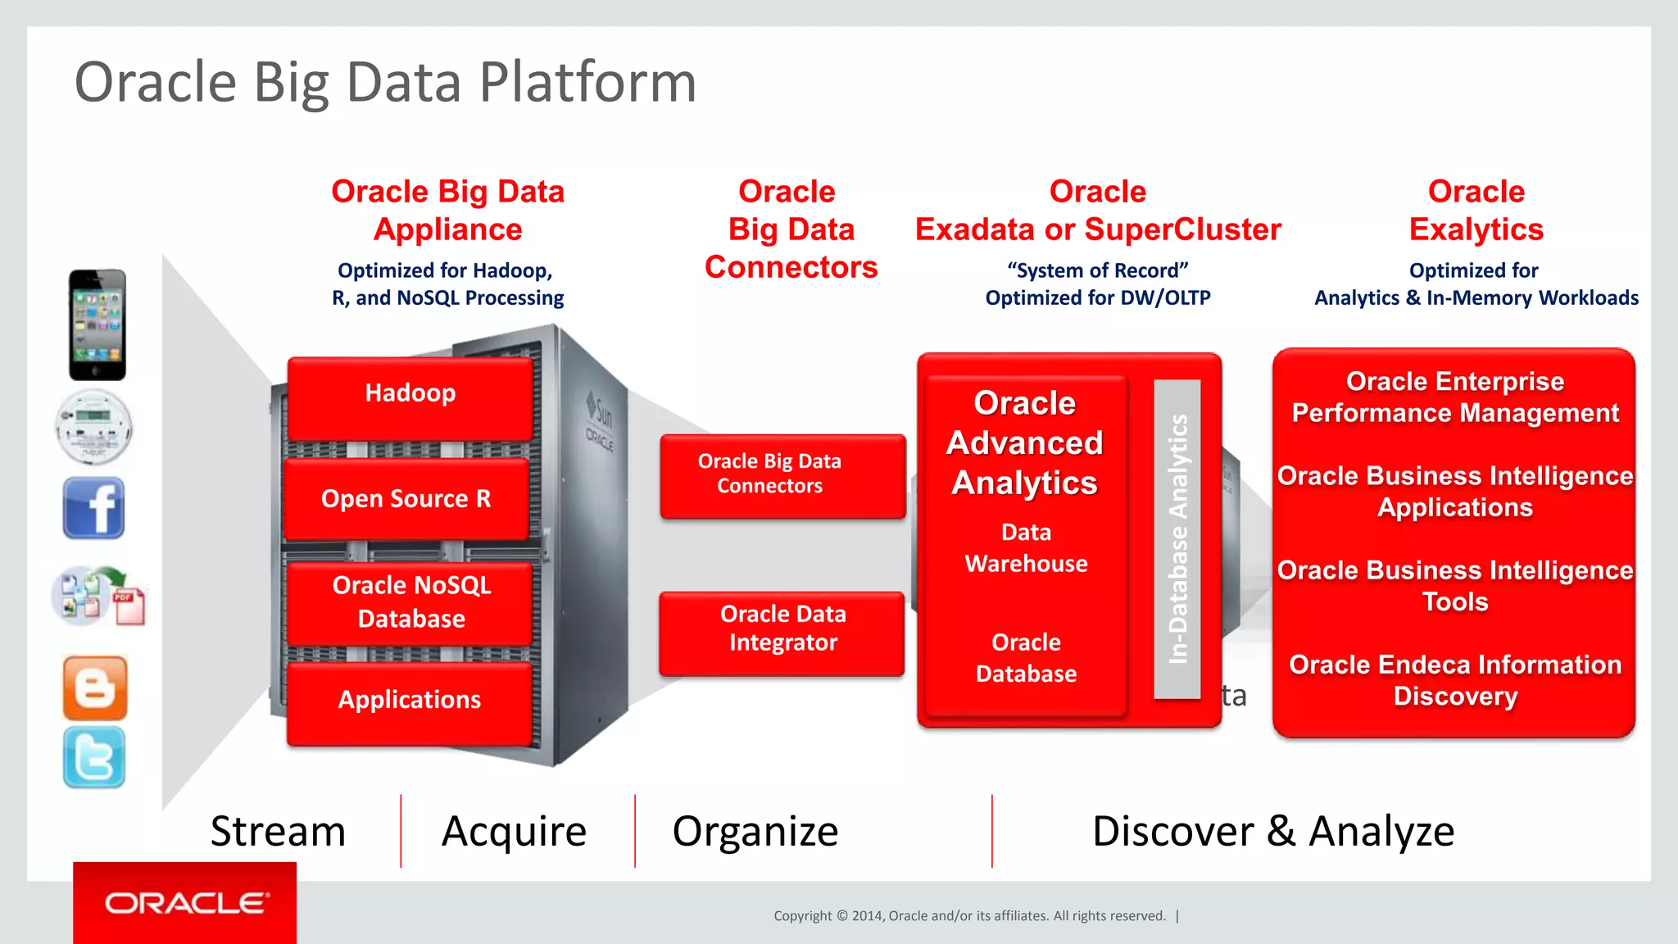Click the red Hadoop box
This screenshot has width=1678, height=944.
[x=410, y=397]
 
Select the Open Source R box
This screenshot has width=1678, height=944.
[x=406, y=498]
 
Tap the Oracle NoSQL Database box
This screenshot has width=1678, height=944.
[x=411, y=602]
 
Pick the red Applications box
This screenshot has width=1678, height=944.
[x=410, y=701]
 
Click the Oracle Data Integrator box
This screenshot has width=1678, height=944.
[x=782, y=631]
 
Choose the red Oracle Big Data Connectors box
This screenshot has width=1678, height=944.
[x=782, y=474]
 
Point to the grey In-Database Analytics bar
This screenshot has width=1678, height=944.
[x=1177, y=538]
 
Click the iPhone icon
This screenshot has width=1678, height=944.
[x=98, y=324]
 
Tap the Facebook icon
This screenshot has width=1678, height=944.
[x=94, y=507]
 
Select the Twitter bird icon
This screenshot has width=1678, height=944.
[x=94, y=757]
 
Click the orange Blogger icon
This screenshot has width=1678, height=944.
[x=95, y=688]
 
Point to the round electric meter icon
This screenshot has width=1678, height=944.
[x=93, y=427]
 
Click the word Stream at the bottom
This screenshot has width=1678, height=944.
[x=278, y=832]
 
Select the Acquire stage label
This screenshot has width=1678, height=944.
[x=514, y=832]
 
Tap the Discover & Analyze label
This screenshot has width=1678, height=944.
[x=1272, y=832]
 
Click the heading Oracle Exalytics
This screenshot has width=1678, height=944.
[x=1476, y=211]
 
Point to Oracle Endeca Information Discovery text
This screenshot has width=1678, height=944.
[x=1455, y=680]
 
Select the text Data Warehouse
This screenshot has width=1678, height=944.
[x=1026, y=548]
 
